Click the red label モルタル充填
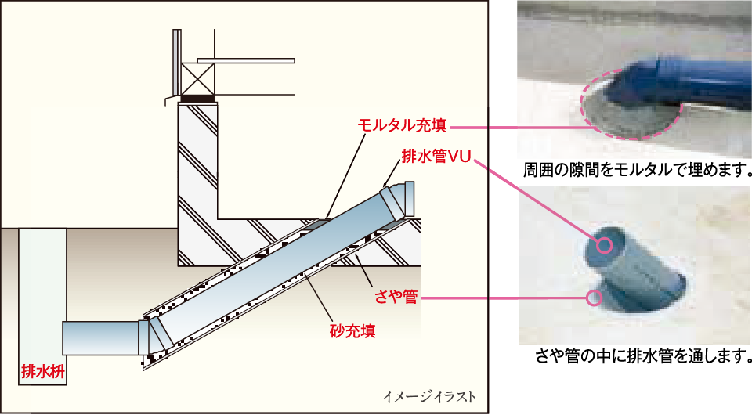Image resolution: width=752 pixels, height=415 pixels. [x=403, y=126]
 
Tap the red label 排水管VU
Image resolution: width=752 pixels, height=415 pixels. [x=435, y=157]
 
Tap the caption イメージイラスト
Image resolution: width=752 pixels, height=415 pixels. [x=429, y=396]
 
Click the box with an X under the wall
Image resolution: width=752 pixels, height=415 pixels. [x=198, y=78]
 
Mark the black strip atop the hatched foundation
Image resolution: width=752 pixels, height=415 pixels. [x=198, y=99]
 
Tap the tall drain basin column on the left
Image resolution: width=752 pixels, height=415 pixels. [x=39, y=301]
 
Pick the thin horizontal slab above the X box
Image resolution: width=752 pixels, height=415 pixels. [x=245, y=60]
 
